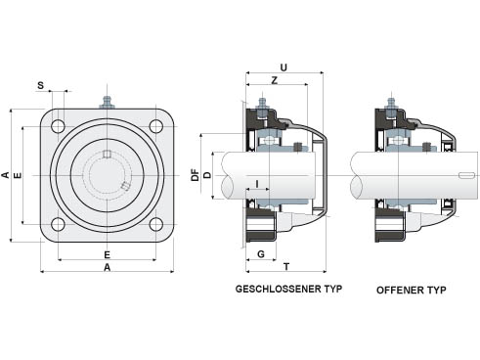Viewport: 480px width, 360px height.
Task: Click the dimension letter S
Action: pyautogui.click(x=40, y=85)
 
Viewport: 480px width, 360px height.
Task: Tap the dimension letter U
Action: pyautogui.click(x=284, y=67)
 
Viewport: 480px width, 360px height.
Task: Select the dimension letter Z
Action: pyautogui.click(x=275, y=80)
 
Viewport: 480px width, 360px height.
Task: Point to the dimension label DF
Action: pyautogui.click(x=195, y=175)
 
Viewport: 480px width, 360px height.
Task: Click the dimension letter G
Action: pyautogui.click(x=261, y=254)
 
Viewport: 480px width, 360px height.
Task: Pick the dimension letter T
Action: pyautogui.click(x=286, y=267)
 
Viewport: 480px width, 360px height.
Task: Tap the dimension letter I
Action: pyautogui.click(x=257, y=184)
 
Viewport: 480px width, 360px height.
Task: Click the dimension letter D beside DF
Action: pyautogui.click(x=207, y=175)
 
